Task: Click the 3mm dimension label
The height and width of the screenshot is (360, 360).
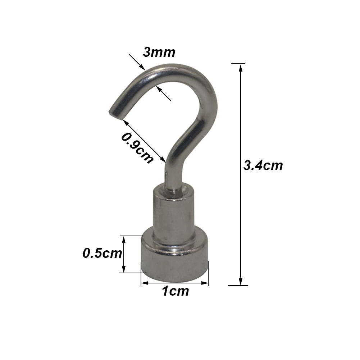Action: (x=159, y=53)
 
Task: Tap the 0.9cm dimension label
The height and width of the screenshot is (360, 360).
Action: (x=137, y=148)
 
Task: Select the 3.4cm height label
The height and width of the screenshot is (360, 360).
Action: (x=263, y=166)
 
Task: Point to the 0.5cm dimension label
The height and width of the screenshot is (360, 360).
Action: (x=102, y=253)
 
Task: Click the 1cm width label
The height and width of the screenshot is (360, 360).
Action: (x=175, y=291)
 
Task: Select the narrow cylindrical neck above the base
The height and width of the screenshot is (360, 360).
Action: (x=171, y=212)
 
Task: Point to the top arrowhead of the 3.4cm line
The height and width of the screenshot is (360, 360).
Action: (x=241, y=67)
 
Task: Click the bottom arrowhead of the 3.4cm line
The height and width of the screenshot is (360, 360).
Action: (x=241, y=282)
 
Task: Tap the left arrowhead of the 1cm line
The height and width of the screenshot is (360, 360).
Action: (x=143, y=283)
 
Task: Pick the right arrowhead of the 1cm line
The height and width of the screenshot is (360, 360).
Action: (x=206, y=283)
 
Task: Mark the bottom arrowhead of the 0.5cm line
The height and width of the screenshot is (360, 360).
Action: (x=124, y=270)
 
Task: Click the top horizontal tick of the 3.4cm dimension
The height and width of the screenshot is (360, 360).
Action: (x=241, y=63)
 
